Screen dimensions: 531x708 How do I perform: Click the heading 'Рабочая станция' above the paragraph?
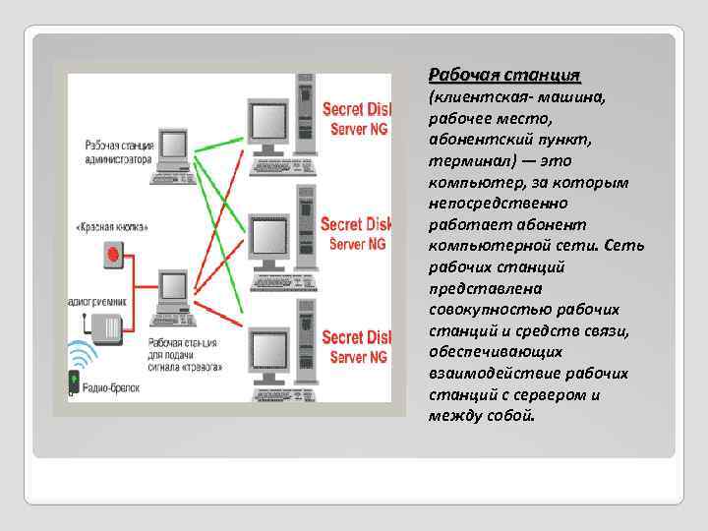[x=504, y=75]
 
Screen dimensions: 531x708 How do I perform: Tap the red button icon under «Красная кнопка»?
[x=112, y=256]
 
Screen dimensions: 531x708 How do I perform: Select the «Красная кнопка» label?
[x=112, y=227]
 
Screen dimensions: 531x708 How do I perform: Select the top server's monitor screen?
[x=265, y=120]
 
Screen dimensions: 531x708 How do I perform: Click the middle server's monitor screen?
[x=265, y=235]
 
